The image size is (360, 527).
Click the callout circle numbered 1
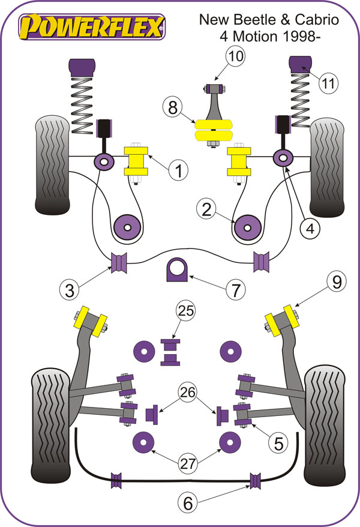click(x=178, y=171)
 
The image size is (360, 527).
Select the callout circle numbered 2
click(x=206, y=209)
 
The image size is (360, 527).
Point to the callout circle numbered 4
click(x=311, y=228)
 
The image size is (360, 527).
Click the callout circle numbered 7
click(x=235, y=291)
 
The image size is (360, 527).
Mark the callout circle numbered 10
click(x=235, y=57)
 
